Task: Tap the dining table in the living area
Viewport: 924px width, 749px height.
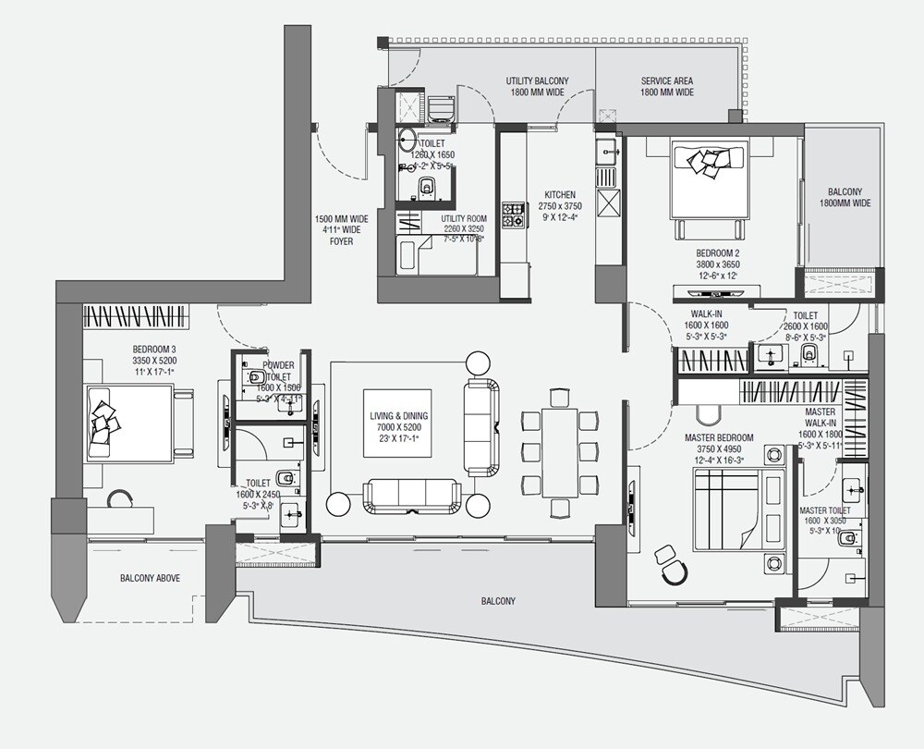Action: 561,452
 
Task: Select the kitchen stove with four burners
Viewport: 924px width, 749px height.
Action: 513,215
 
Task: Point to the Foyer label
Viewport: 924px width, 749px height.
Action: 340,231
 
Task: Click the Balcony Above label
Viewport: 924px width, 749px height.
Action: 150,578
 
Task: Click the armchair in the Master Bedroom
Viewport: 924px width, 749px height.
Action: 671,563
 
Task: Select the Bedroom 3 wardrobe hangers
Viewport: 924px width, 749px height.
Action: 136,316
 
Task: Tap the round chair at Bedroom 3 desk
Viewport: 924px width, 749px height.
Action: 120,502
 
